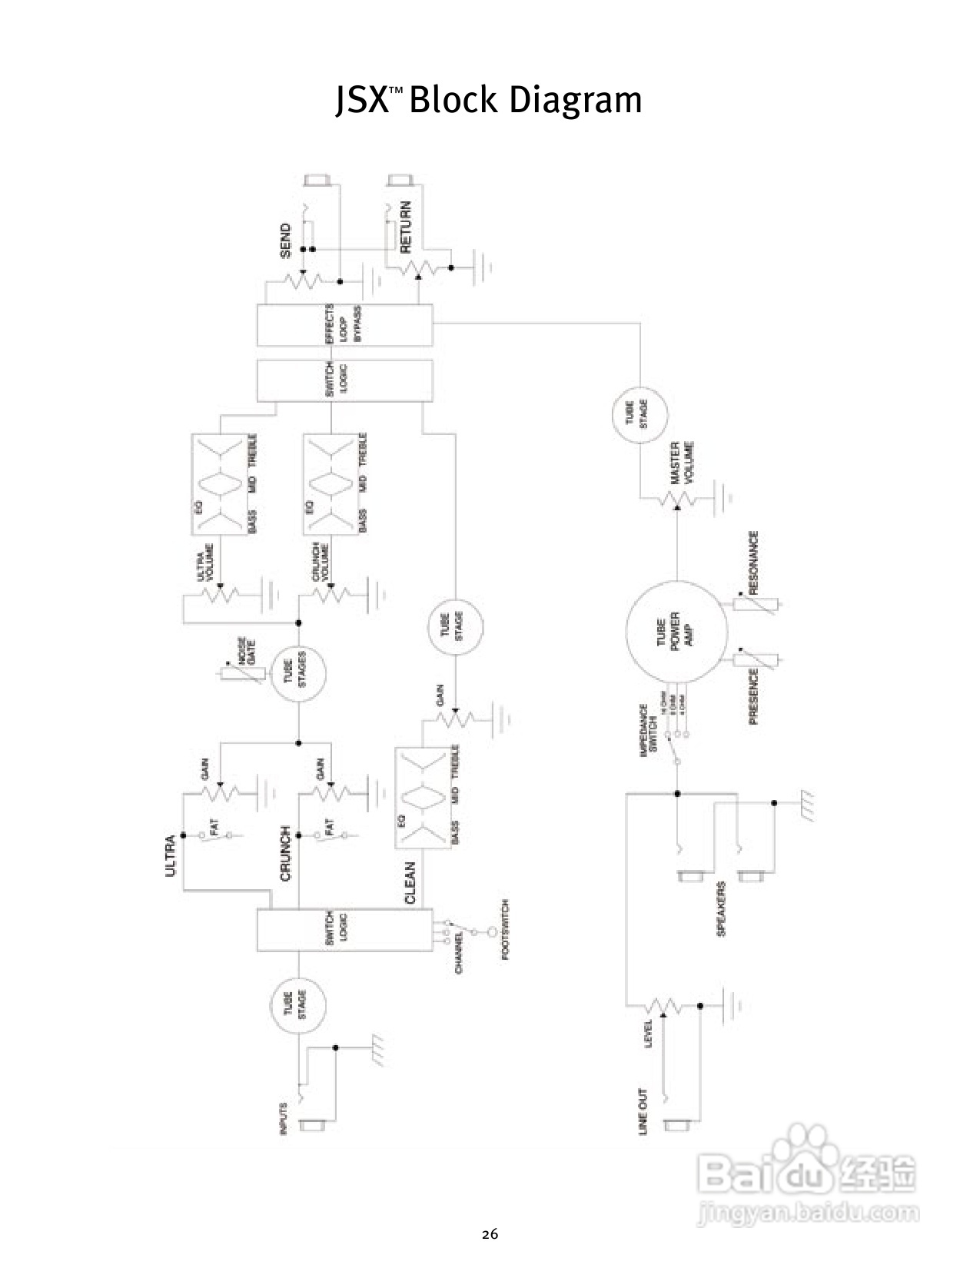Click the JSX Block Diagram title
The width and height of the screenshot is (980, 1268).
click(x=489, y=101)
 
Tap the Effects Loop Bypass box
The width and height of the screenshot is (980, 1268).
click(x=344, y=325)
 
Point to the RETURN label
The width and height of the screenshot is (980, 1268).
click(x=406, y=227)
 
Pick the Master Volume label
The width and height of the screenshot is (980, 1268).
click(x=682, y=463)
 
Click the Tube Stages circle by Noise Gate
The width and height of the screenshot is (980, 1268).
click(x=299, y=673)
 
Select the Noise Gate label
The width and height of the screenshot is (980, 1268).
click(x=247, y=652)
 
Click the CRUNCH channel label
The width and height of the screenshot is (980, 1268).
click(x=286, y=854)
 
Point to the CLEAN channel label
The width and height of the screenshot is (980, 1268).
click(x=410, y=882)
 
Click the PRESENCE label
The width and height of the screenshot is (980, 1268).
click(x=753, y=696)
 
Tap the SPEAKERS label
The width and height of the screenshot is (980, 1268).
click(x=721, y=908)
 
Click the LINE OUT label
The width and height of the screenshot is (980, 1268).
click(x=643, y=1111)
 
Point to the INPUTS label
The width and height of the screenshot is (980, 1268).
click(x=283, y=1119)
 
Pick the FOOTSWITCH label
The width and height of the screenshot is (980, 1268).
click(x=505, y=931)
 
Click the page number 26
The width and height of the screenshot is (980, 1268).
click(x=490, y=1235)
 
